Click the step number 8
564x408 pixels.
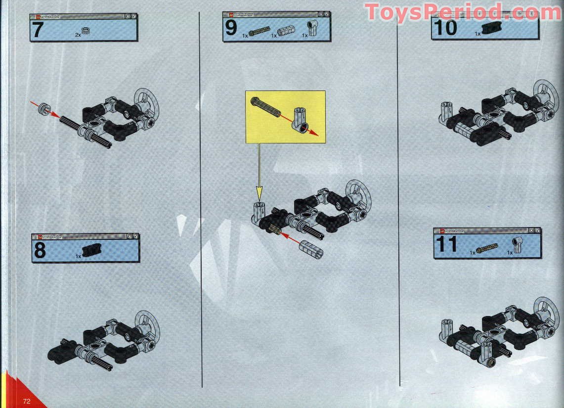(x=40, y=250)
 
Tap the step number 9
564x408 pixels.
(x=231, y=28)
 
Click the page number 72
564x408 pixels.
(x=26, y=401)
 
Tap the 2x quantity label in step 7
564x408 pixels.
(x=78, y=35)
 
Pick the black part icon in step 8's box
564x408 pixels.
(x=90, y=251)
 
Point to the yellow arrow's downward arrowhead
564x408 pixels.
(x=258, y=192)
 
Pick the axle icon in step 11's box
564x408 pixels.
(x=487, y=247)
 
